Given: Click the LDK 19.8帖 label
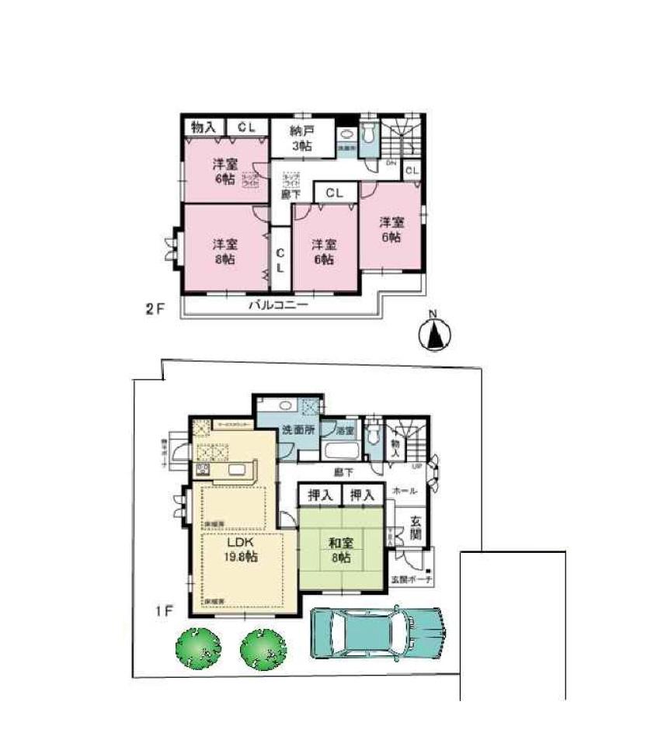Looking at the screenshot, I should coord(242,549).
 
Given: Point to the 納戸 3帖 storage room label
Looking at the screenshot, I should coord(301,138).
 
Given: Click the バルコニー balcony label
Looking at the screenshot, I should coord(278,306).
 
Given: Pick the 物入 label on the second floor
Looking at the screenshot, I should coord(204,127).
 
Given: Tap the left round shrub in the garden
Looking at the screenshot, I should coord(198,648).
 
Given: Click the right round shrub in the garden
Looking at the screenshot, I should coord(263,648).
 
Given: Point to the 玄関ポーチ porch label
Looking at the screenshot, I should coord(412,579).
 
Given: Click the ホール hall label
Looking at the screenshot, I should coord(405,492).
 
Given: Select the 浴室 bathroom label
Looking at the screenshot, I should coord(346,429).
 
